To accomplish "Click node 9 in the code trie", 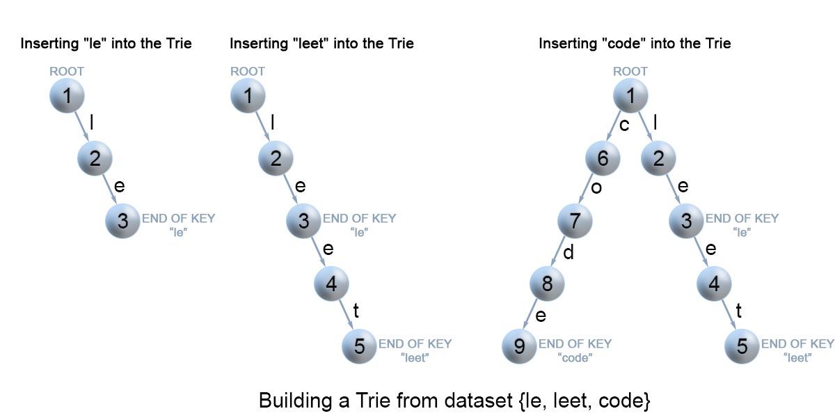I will coord(519,346).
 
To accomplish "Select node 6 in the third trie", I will coord(603,158).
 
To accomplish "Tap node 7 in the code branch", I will coord(575,221).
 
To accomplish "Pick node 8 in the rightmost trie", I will coord(547,284).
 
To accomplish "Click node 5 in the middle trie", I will coord(359,346).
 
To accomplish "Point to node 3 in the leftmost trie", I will coord(122,221).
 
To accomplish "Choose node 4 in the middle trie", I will coord(331,284).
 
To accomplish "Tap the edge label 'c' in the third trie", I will coord(624,125).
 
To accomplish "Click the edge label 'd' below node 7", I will coord(568,252).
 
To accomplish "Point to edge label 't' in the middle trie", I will coord(356,311).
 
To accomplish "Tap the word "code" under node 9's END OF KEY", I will coord(575,358).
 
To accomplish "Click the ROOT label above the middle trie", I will coord(248,71).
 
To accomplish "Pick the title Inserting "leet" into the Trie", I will coord(321,43).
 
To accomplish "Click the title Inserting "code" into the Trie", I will coord(635,43).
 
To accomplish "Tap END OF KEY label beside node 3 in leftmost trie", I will coord(179,218).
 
